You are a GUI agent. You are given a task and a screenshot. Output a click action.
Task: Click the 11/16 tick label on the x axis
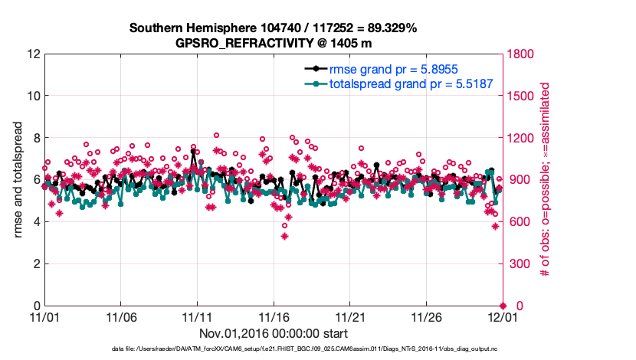click(274, 317)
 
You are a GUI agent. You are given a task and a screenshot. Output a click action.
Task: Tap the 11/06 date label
click(121, 317)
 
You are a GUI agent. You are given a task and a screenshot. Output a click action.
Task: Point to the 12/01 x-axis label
click(502, 317)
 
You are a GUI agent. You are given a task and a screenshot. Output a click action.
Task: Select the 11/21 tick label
click(350, 317)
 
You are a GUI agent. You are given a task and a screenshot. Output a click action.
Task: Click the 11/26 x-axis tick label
click(426, 317)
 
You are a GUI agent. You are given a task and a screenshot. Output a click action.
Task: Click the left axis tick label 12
click(33, 54)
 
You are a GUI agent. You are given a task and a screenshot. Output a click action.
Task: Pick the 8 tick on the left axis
click(36, 139)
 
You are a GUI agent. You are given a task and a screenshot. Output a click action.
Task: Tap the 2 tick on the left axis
click(36, 264)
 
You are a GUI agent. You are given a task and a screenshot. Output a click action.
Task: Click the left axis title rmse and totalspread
click(18, 180)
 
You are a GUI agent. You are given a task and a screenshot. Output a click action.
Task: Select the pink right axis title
click(546, 180)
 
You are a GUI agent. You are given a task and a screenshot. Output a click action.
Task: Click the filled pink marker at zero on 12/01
click(503, 306)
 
